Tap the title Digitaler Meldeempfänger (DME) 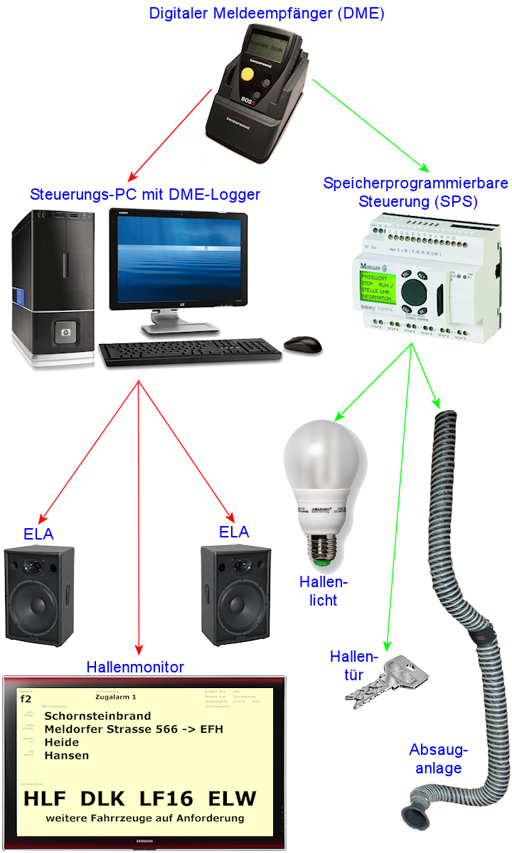pos(267,13)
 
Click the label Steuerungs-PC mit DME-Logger pos(145,194)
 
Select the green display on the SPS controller pos(378,286)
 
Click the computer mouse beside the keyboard pos(303,345)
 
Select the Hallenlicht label pos(324,591)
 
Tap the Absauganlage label pos(439,759)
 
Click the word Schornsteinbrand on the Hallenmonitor pos(97,717)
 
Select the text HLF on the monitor pos(48,798)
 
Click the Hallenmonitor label pos(135,667)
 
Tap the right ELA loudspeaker pos(235,594)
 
